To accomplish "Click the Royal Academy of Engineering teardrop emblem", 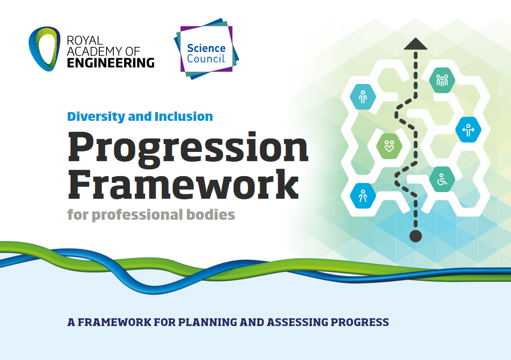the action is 44,49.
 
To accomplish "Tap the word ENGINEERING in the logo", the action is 110,62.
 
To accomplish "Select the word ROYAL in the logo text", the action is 84,40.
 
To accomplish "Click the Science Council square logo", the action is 206,49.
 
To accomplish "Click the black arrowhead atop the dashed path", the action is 416,44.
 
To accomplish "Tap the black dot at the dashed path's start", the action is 416,236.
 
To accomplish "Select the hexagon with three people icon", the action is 442,80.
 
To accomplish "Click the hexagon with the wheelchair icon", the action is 442,179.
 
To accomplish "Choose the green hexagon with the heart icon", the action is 389,146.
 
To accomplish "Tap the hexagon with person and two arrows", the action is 468,130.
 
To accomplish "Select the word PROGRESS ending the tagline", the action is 360,322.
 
